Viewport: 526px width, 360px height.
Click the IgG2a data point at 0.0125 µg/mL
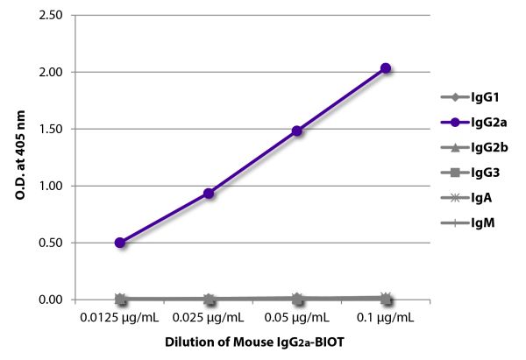(x=120, y=243)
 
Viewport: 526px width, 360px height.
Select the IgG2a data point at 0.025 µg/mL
(x=209, y=193)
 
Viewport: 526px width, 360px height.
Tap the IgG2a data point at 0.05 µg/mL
(x=297, y=131)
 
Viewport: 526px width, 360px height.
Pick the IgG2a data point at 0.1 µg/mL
(x=386, y=68)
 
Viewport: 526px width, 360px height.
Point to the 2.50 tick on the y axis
(x=52, y=16)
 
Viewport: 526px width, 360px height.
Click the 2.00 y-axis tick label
(x=52, y=72)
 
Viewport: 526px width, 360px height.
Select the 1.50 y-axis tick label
(x=52, y=129)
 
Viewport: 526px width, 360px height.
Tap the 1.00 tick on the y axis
(x=52, y=186)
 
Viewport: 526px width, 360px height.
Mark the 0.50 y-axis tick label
(x=52, y=243)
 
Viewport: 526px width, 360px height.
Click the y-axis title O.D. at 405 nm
(x=18, y=158)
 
